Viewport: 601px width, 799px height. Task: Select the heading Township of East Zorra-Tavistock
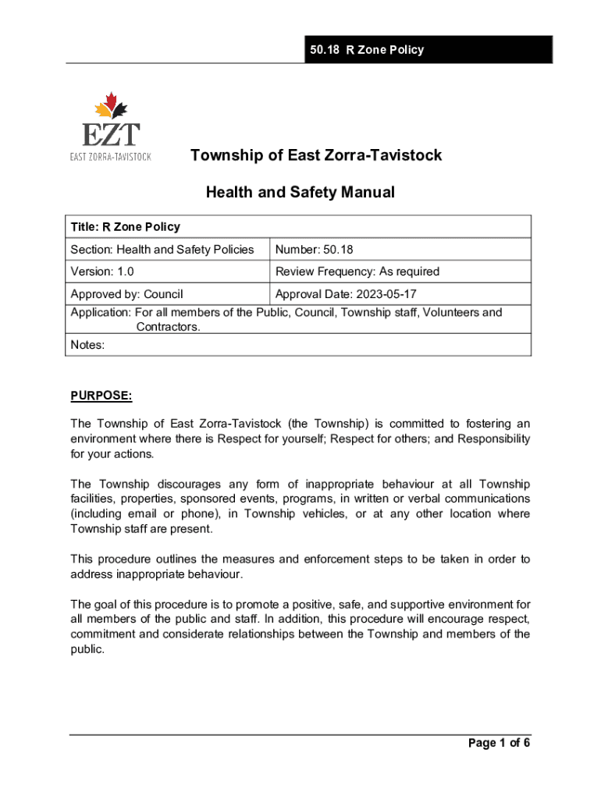pos(316,155)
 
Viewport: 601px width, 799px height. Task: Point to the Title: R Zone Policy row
pos(126,227)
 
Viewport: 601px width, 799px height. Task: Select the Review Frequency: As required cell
pos(357,272)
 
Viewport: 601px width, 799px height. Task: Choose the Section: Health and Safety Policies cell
pos(162,250)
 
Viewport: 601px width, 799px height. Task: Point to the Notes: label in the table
pos(87,344)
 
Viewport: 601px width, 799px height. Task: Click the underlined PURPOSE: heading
pos(101,396)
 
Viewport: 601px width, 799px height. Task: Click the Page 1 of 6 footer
pos(499,743)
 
